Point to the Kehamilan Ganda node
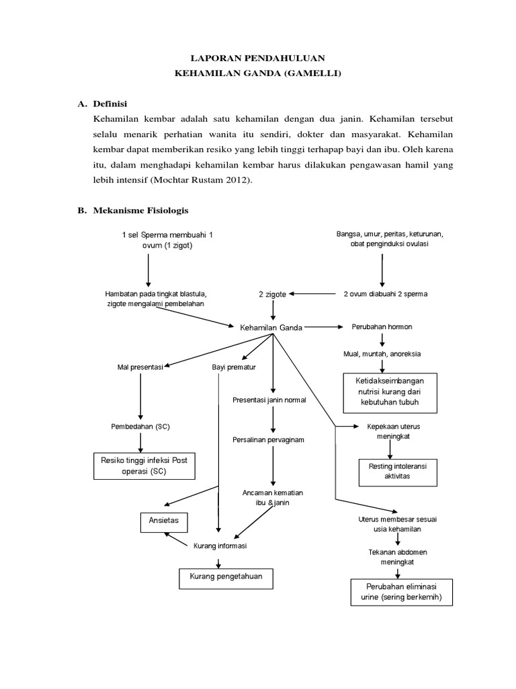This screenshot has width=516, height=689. [x=271, y=328]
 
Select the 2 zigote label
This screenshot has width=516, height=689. [x=273, y=294]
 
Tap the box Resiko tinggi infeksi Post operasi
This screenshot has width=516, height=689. [x=144, y=466]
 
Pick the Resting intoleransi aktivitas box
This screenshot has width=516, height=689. [x=398, y=470]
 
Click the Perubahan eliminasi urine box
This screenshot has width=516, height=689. [x=398, y=591]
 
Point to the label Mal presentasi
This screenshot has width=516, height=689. [x=140, y=367]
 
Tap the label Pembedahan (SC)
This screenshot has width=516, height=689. [x=140, y=427]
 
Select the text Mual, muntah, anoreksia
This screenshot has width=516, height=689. [x=382, y=353]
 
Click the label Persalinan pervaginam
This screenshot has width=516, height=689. [x=273, y=439]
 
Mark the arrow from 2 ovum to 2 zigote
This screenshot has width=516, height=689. [x=313, y=294]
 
